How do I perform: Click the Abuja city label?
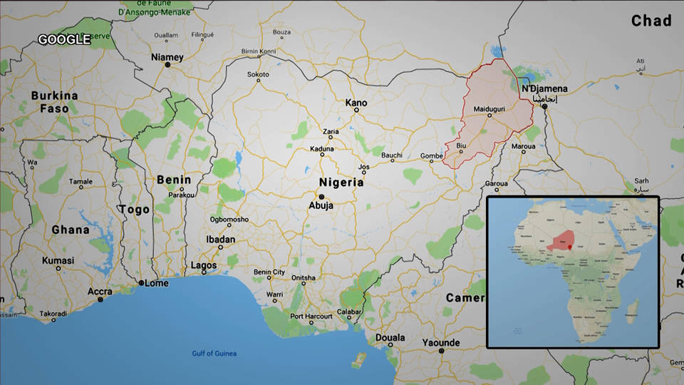click(320, 205)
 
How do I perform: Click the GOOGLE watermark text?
click(64, 40)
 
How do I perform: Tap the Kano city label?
click(356, 103)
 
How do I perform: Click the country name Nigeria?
click(341, 183)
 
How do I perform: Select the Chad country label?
click(651, 21)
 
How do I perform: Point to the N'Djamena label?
click(544, 88)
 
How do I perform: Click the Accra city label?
click(100, 291)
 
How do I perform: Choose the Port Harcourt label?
click(311, 316)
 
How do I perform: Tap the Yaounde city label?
click(442, 342)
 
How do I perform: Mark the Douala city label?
click(390, 337)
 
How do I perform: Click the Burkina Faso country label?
click(54, 102)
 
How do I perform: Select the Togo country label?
click(134, 210)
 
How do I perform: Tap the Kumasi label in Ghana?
click(58, 261)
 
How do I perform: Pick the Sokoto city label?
click(258, 74)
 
